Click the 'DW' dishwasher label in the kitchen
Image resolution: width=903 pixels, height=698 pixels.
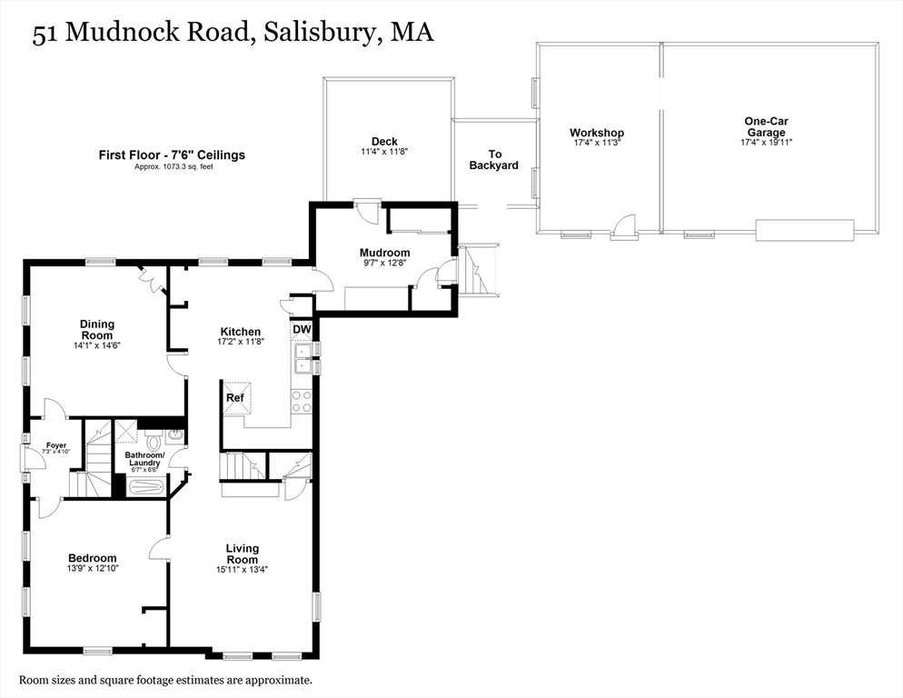coord(302,329)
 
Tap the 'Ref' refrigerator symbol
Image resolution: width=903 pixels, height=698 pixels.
coord(235,398)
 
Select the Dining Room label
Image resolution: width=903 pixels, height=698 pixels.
coord(97,329)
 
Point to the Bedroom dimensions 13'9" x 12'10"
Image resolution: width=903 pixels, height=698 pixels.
coord(93,568)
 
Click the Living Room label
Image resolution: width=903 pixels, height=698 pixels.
coord(242,553)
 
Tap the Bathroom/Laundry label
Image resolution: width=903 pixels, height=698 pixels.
coord(144,459)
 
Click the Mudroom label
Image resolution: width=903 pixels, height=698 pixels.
coord(384,253)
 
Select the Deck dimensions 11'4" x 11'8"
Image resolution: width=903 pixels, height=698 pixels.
coord(383,152)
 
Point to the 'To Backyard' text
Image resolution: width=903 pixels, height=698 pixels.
coord(494,160)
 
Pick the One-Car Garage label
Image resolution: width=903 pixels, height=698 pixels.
coord(766,126)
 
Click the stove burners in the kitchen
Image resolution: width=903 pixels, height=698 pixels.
coord(301,401)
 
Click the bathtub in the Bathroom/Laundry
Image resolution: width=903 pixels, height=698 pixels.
coord(145,486)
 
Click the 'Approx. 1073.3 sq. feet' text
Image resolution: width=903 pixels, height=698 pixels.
coord(172,167)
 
